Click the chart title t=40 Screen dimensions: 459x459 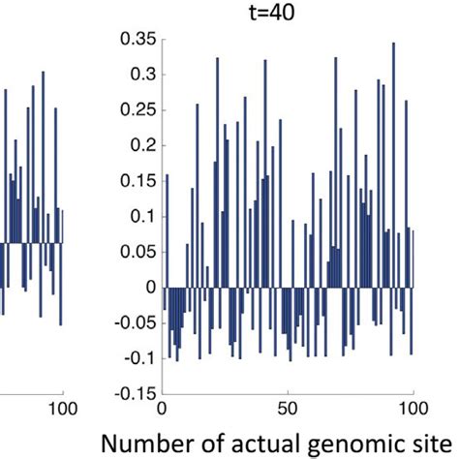pos(288,14)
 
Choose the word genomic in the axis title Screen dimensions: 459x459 pos(352,444)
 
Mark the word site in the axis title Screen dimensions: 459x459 pos(432,443)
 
